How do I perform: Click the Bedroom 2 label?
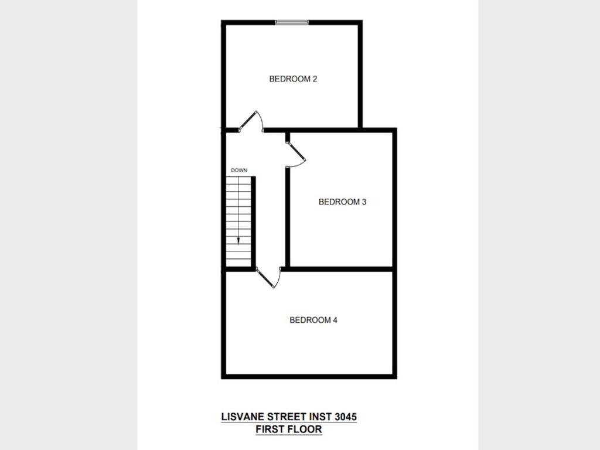293,79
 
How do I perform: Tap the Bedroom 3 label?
342,202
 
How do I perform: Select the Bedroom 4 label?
313,320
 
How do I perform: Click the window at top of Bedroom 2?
292,23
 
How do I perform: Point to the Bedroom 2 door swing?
255,120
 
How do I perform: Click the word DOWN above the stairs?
239,171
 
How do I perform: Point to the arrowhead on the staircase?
239,240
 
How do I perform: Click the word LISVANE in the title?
242,417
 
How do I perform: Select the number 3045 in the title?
345,417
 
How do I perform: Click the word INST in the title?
320,417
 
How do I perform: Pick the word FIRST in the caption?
270,429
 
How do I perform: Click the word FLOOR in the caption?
306,429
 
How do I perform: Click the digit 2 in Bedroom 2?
315,79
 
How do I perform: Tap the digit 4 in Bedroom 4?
335,320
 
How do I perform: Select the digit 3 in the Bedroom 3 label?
364,202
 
